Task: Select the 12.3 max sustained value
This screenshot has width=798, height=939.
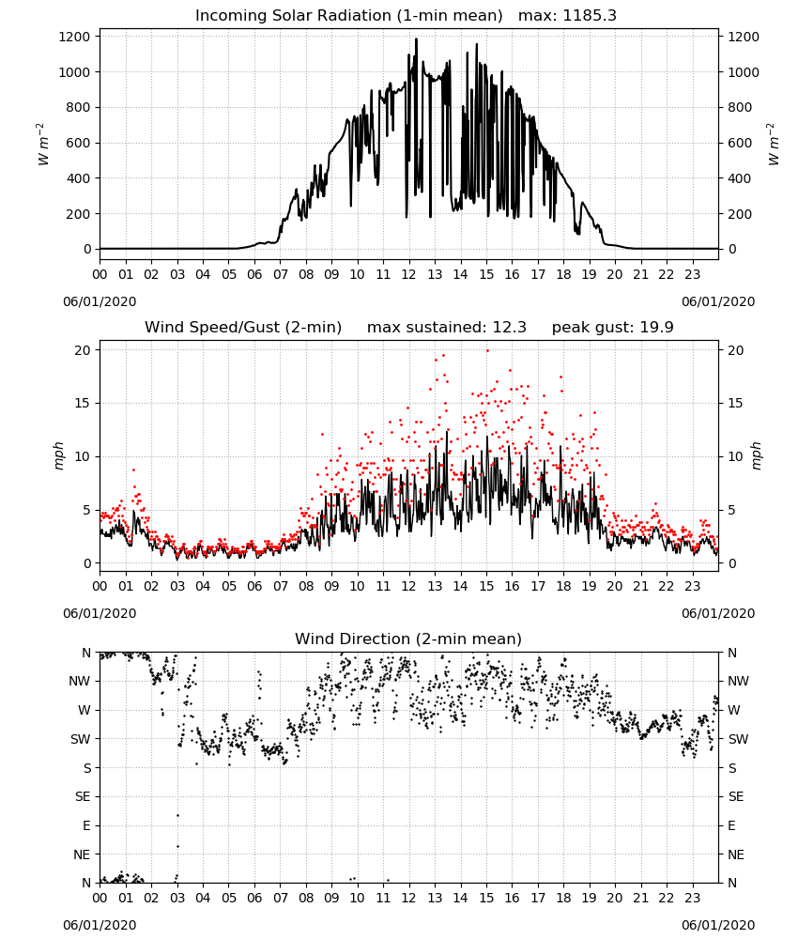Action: coord(510,328)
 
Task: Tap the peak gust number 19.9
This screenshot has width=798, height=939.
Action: coord(657,328)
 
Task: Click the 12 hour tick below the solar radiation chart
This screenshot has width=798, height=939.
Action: coord(409,275)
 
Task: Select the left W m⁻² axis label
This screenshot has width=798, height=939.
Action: coord(42,144)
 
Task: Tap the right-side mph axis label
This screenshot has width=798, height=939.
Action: coord(756,456)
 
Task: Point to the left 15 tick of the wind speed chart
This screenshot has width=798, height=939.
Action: coord(82,403)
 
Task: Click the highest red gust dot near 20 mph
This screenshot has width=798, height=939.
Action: coord(487,351)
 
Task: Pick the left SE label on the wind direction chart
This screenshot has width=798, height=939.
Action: coord(83,796)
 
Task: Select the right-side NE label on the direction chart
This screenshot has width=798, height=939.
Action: coord(736,854)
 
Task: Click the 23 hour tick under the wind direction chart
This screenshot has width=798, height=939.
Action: coord(693,898)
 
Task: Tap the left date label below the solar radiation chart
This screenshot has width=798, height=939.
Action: coord(100,301)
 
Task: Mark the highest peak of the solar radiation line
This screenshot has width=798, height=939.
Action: coord(416,39)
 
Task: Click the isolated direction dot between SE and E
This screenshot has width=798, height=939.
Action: coord(177,815)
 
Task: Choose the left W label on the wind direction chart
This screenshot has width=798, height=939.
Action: coord(84,710)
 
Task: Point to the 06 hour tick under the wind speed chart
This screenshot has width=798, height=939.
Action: coord(254,586)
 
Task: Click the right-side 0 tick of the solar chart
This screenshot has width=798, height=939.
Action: coord(731,249)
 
